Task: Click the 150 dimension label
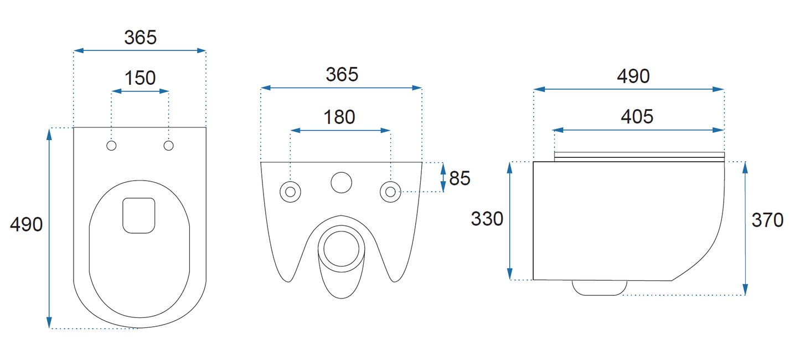tap(140, 78)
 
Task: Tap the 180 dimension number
tap(339, 117)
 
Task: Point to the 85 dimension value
tap(460, 178)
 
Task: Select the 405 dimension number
tap(637, 116)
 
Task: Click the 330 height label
tap(487, 219)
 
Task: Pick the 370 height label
tap(767, 220)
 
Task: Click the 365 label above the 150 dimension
tap(141, 38)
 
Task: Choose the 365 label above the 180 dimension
tap(342, 75)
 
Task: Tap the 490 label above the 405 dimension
tap(633, 76)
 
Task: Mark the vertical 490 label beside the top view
tap(27, 225)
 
